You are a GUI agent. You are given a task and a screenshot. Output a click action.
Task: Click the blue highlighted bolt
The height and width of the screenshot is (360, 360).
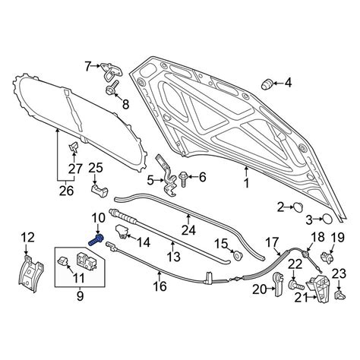(x=96, y=240)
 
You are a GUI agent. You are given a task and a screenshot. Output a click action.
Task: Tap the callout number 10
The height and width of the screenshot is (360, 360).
(x=98, y=219)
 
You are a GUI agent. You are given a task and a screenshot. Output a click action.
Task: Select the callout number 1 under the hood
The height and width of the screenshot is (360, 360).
(x=246, y=183)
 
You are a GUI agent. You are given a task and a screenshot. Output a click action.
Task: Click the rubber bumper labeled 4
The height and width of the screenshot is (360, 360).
(x=267, y=84)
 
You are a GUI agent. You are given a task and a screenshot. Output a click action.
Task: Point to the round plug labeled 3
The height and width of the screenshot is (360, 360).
(x=327, y=219)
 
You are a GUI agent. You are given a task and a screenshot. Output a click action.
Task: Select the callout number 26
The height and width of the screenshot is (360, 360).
(x=66, y=191)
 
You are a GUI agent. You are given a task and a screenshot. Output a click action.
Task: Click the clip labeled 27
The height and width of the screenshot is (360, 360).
(x=74, y=147)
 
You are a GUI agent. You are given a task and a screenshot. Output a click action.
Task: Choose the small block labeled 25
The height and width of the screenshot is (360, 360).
(x=99, y=191)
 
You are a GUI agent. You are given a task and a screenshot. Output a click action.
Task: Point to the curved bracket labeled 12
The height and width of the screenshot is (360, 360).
(x=30, y=273)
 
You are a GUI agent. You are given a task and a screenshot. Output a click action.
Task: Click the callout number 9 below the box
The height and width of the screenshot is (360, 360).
(x=80, y=296)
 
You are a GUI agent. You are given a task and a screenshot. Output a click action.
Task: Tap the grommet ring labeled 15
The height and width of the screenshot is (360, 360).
(x=238, y=255)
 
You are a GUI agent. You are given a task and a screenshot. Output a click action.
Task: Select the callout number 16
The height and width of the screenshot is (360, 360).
(x=160, y=286)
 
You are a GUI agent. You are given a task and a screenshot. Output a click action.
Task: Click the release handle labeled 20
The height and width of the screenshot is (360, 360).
(x=278, y=284)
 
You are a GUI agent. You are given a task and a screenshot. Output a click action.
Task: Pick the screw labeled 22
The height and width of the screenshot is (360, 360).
(x=296, y=286)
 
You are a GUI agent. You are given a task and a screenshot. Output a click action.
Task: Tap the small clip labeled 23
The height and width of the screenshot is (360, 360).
(x=339, y=295)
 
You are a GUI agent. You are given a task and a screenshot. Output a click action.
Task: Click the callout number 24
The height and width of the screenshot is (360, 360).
(x=188, y=230)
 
